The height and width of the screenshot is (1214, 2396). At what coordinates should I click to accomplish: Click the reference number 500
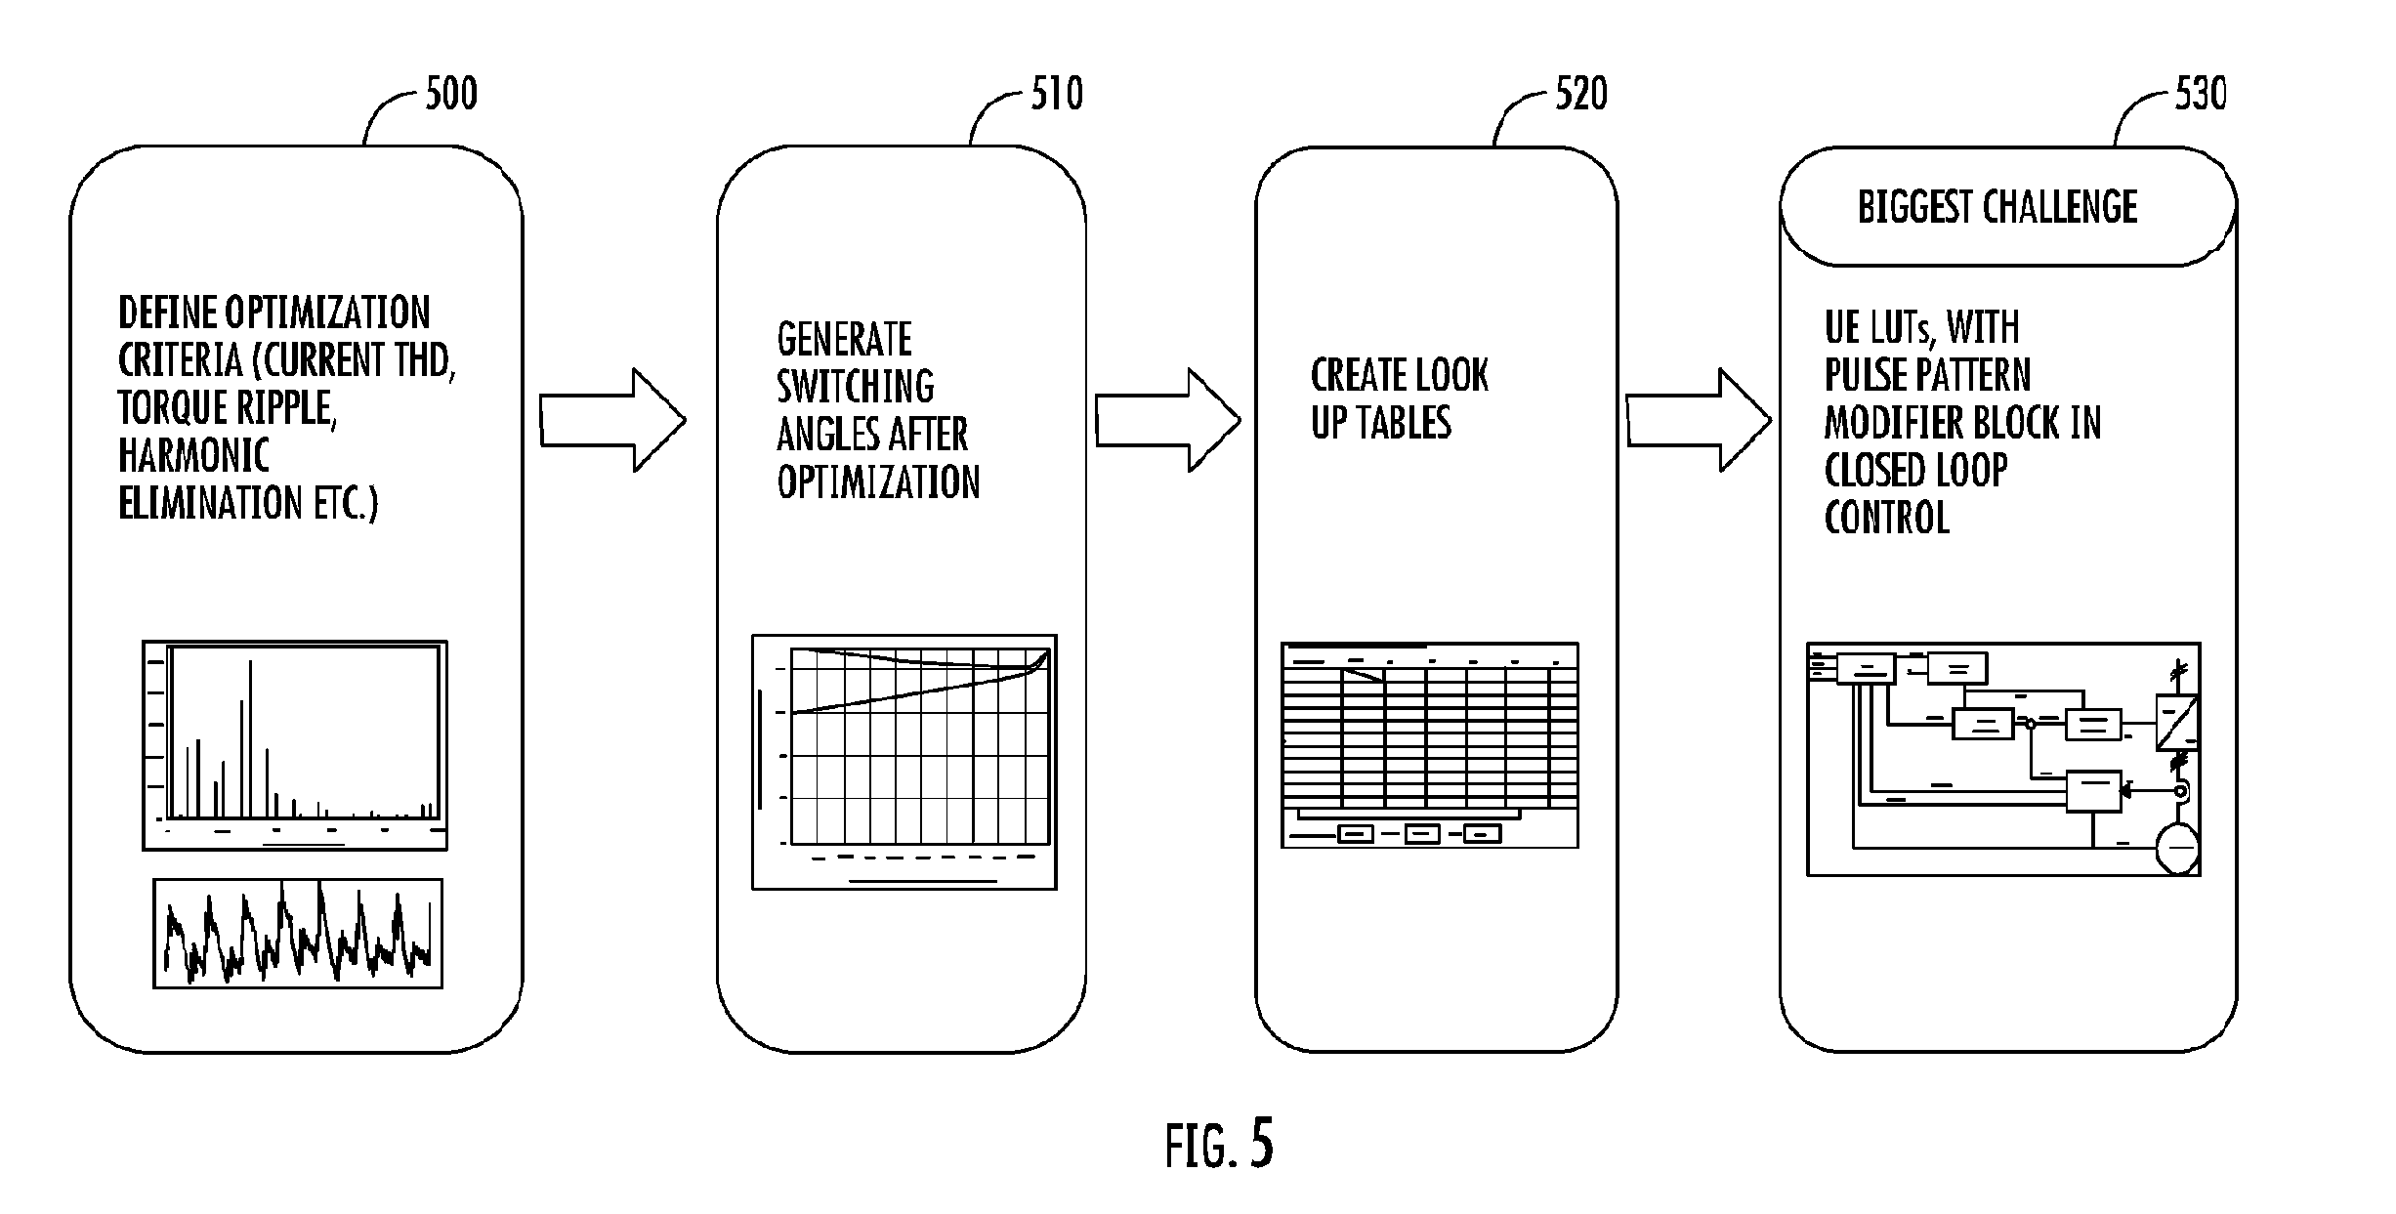(451, 95)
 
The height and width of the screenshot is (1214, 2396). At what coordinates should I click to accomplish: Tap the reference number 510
(1058, 95)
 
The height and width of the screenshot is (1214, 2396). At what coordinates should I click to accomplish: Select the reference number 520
(1581, 95)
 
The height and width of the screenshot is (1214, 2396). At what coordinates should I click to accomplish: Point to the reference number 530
(2201, 95)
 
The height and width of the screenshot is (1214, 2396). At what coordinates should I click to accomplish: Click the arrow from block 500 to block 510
(613, 421)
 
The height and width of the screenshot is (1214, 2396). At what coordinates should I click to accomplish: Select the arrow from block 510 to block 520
(1168, 421)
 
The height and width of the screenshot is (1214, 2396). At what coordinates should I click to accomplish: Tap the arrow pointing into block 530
(1699, 421)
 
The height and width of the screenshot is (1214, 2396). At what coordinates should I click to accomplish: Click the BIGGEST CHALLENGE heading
(1997, 207)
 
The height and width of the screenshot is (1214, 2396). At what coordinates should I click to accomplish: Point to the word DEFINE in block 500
(167, 314)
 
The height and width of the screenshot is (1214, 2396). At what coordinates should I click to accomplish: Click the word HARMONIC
(193, 456)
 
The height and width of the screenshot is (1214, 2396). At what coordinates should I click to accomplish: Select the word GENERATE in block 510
(845, 340)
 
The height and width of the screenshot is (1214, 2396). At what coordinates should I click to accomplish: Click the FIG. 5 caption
(1220, 1145)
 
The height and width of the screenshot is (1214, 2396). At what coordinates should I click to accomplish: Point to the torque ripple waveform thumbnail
(298, 934)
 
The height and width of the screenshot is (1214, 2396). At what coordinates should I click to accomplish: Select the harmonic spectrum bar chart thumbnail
(295, 745)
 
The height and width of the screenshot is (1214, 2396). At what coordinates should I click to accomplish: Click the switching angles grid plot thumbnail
(904, 762)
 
